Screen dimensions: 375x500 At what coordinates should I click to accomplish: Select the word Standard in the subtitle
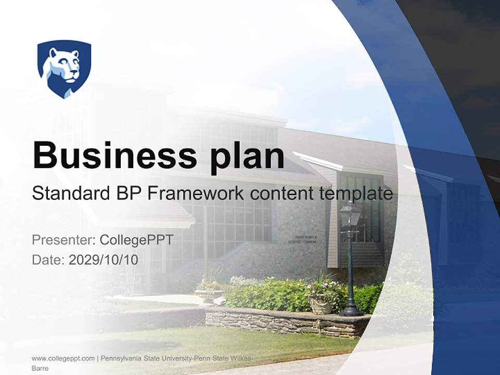70,194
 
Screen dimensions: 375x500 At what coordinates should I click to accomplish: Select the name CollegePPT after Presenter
136,240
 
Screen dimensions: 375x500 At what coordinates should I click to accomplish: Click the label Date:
48,259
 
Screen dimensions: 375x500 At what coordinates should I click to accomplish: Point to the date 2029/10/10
104,259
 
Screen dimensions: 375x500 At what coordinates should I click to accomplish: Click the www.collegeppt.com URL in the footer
63,358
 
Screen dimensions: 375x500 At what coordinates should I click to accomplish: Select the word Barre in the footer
40,368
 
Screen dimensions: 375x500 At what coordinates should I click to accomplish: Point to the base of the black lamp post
351,311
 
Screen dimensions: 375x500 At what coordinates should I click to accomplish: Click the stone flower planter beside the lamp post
320,303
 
